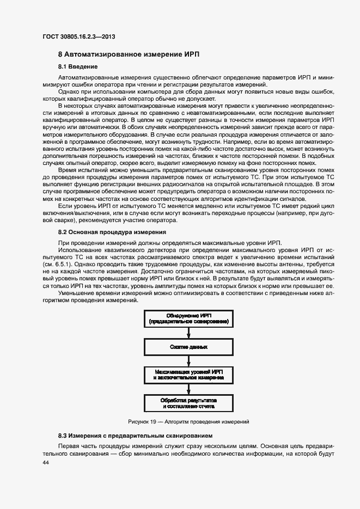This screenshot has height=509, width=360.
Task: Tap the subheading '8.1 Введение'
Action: pos(78,66)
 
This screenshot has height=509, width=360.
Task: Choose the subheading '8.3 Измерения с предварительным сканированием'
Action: pos(135,436)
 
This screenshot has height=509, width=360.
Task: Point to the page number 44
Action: pos(46,462)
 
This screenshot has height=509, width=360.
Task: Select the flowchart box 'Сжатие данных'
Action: pos(188,346)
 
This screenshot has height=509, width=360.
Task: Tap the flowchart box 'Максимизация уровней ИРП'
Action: pos(188,374)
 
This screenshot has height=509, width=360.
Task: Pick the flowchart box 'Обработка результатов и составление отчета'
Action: pos(188,402)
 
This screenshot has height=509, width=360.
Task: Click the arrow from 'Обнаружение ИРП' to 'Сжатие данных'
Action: pos(188,333)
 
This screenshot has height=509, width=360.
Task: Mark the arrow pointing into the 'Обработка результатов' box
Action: pos(188,389)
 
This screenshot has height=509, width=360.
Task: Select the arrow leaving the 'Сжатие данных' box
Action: pos(188,360)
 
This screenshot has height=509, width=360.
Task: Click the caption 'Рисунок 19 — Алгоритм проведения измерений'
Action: pos(188,422)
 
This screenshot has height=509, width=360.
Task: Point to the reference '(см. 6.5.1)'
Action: pos(58,263)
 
